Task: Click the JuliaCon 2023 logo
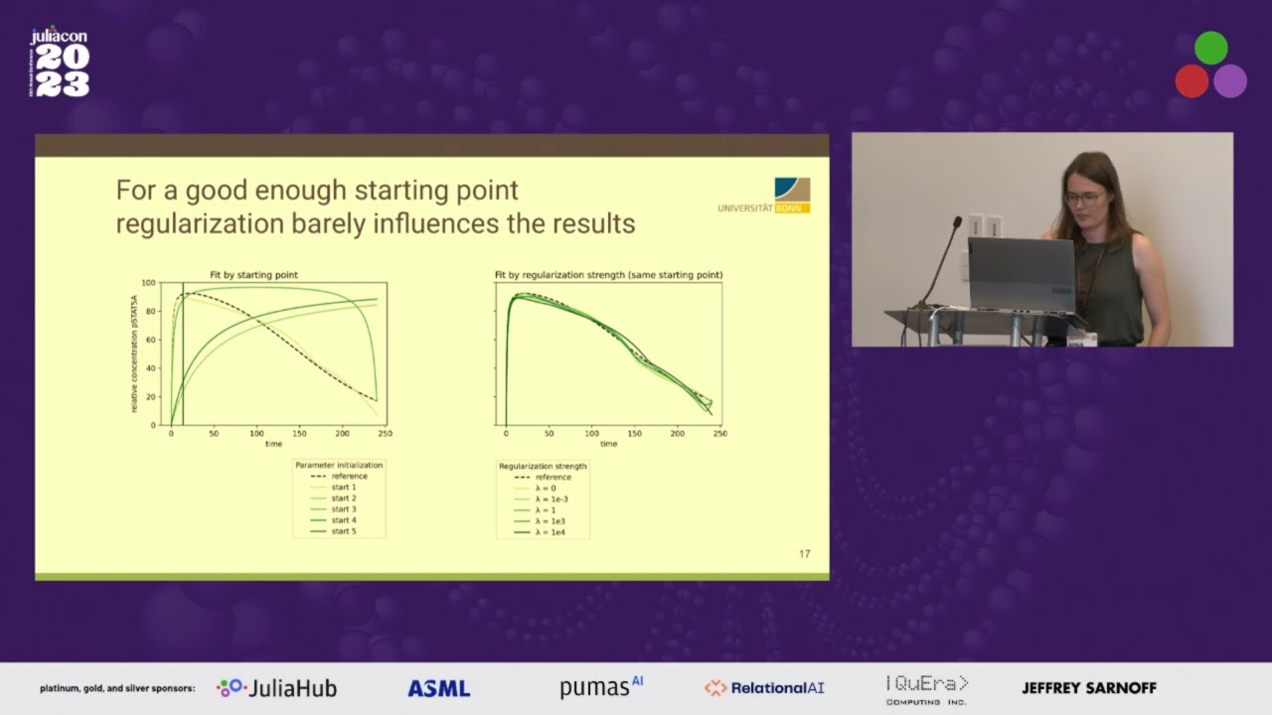pos(60,63)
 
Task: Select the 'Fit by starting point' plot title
pos(253,275)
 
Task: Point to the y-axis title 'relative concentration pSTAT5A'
pos(134,354)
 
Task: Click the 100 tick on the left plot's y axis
pos(150,283)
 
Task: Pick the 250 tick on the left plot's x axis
pos(385,434)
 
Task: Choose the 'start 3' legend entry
pos(343,509)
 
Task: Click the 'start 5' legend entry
pos(343,532)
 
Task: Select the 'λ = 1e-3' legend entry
pos(553,499)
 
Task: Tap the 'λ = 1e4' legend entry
pos(552,532)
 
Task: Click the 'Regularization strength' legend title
pos(543,466)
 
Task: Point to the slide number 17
pos(804,554)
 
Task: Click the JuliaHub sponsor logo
pos(277,688)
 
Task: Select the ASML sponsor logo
pos(438,688)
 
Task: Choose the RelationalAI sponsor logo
pos(764,688)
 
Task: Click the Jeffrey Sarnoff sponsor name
pos(1088,688)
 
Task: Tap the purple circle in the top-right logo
pos(1230,81)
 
